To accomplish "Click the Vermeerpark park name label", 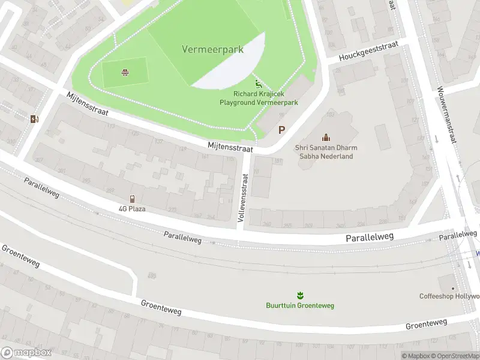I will pyautogui.click(x=212, y=50).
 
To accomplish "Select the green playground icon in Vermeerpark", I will pyautogui.click(x=259, y=85).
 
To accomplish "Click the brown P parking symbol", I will pyautogui.click(x=281, y=130).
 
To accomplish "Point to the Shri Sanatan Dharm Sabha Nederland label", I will pyautogui.click(x=324, y=152).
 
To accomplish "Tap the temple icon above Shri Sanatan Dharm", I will pyautogui.click(x=326, y=137).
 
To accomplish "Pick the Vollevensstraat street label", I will pyautogui.click(x=244, y=199).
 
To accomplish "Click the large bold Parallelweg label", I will pyautogui.click(x=370, y=238).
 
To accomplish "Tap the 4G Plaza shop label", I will pyautogui.click(x=132, y=209).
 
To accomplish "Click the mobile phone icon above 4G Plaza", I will pyautogui.click(x=132, y=199).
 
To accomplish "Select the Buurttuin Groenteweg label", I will pyautogui.click(x=300, y=305).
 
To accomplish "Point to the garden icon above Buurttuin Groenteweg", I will pyautogui.click(x=300, y=295).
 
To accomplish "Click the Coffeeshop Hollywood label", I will pyautogui.click(x=449, y=296).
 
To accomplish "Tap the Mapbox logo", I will pyautogui.click(x=26, y=353).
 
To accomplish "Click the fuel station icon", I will pyautogui.click(x=34, y=118).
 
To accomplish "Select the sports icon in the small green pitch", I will pyautogui.click(x=125, y=73).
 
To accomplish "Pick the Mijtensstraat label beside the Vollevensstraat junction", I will pyautogui.click(x=230, y=146).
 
